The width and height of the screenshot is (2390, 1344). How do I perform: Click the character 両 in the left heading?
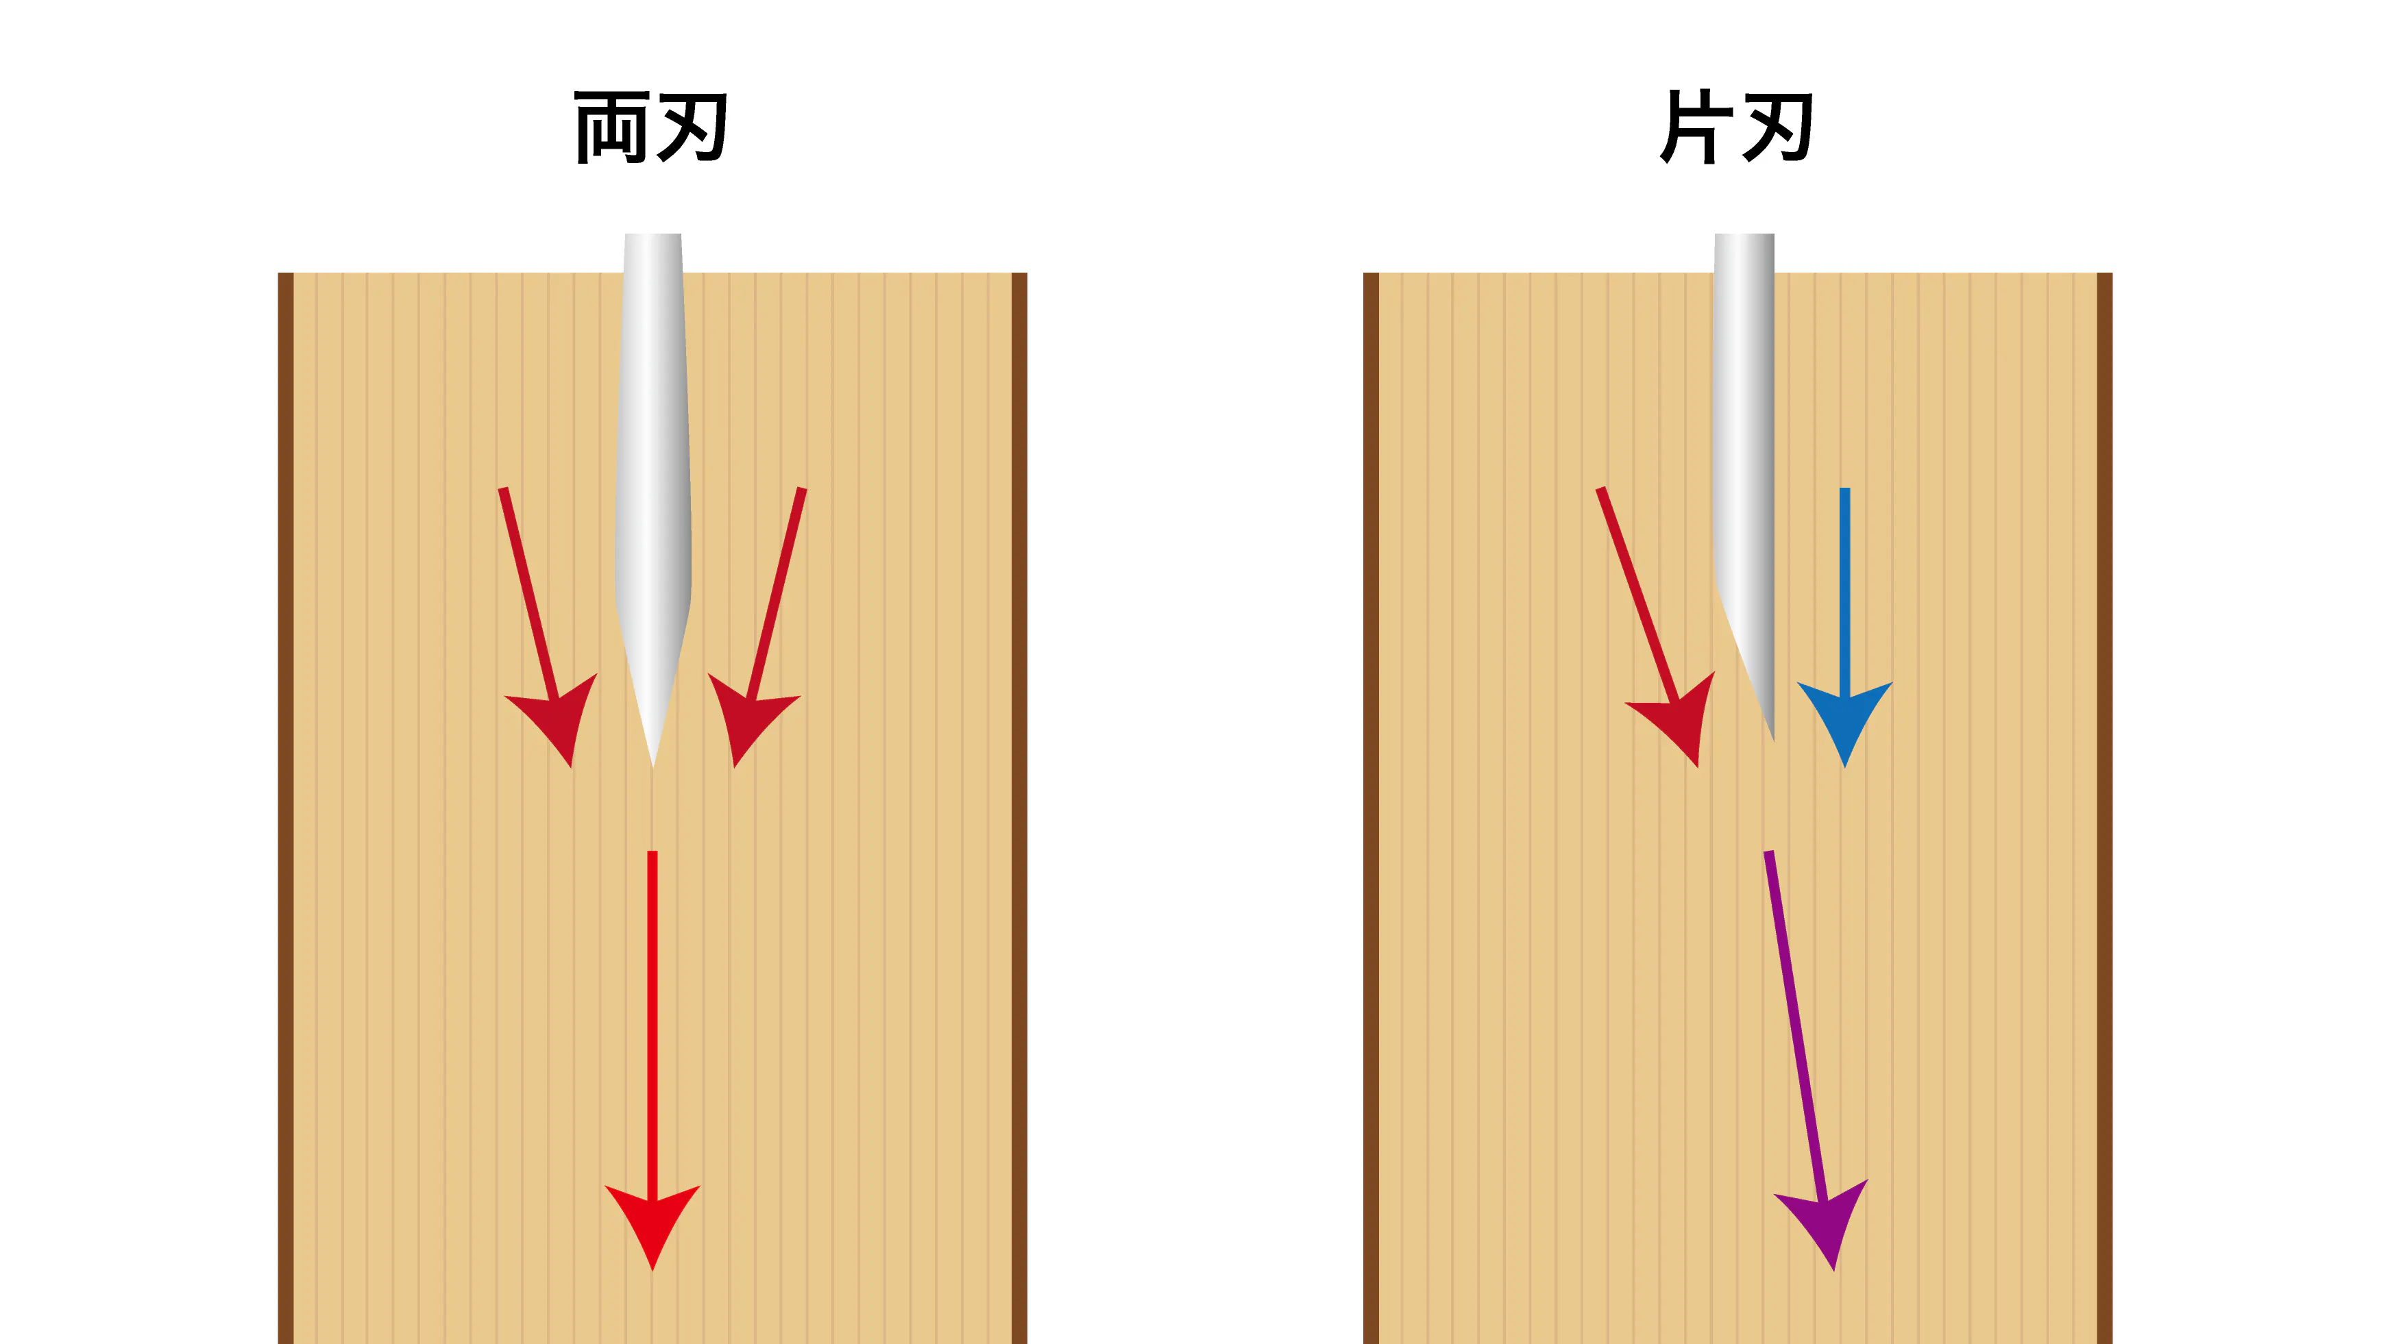point(611,128)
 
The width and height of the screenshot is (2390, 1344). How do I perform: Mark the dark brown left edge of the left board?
point(286,808)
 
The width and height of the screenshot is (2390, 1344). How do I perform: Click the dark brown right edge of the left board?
point(1019,808)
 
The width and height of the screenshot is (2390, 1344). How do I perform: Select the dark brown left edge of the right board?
point(1370,808)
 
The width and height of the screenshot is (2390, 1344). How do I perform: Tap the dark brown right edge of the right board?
point(2104,808)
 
